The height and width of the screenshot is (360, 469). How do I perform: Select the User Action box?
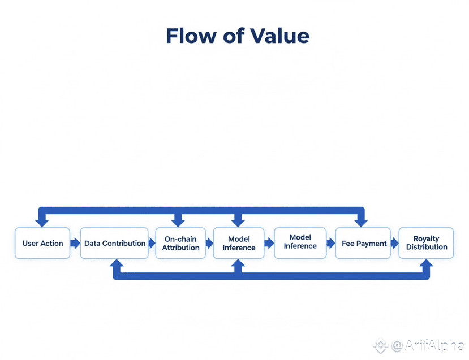click(x=42, y=244)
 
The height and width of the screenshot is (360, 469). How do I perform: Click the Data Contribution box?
click(x=115, y=244)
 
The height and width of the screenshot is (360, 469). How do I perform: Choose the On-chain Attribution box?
click(x=180, y=244)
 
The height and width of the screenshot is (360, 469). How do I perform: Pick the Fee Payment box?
click(x=364, y=244)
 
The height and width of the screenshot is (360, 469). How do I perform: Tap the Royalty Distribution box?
click(x=426, y=244)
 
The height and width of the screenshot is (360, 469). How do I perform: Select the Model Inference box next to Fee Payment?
click(x=300, y=242)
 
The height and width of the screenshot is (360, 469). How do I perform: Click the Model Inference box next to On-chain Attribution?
click(x=239, y=244)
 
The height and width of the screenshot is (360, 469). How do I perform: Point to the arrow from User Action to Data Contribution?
click(x=75, y=244)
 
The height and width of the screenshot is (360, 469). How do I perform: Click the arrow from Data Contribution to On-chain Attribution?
click(x=152, y=244)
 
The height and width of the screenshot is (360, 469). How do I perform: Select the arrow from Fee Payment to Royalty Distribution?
click(x=395, y=244)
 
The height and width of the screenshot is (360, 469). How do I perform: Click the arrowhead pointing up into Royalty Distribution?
click(x=426, y=264)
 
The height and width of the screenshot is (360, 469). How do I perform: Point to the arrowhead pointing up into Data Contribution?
click(x=117, y=264)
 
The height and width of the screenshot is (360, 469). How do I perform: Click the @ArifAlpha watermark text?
click(x=428, y=345)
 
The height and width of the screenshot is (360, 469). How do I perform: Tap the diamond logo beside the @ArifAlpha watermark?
click(x=380, y=345)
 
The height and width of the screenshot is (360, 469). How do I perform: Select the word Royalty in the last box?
click(x=426, y=239)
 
